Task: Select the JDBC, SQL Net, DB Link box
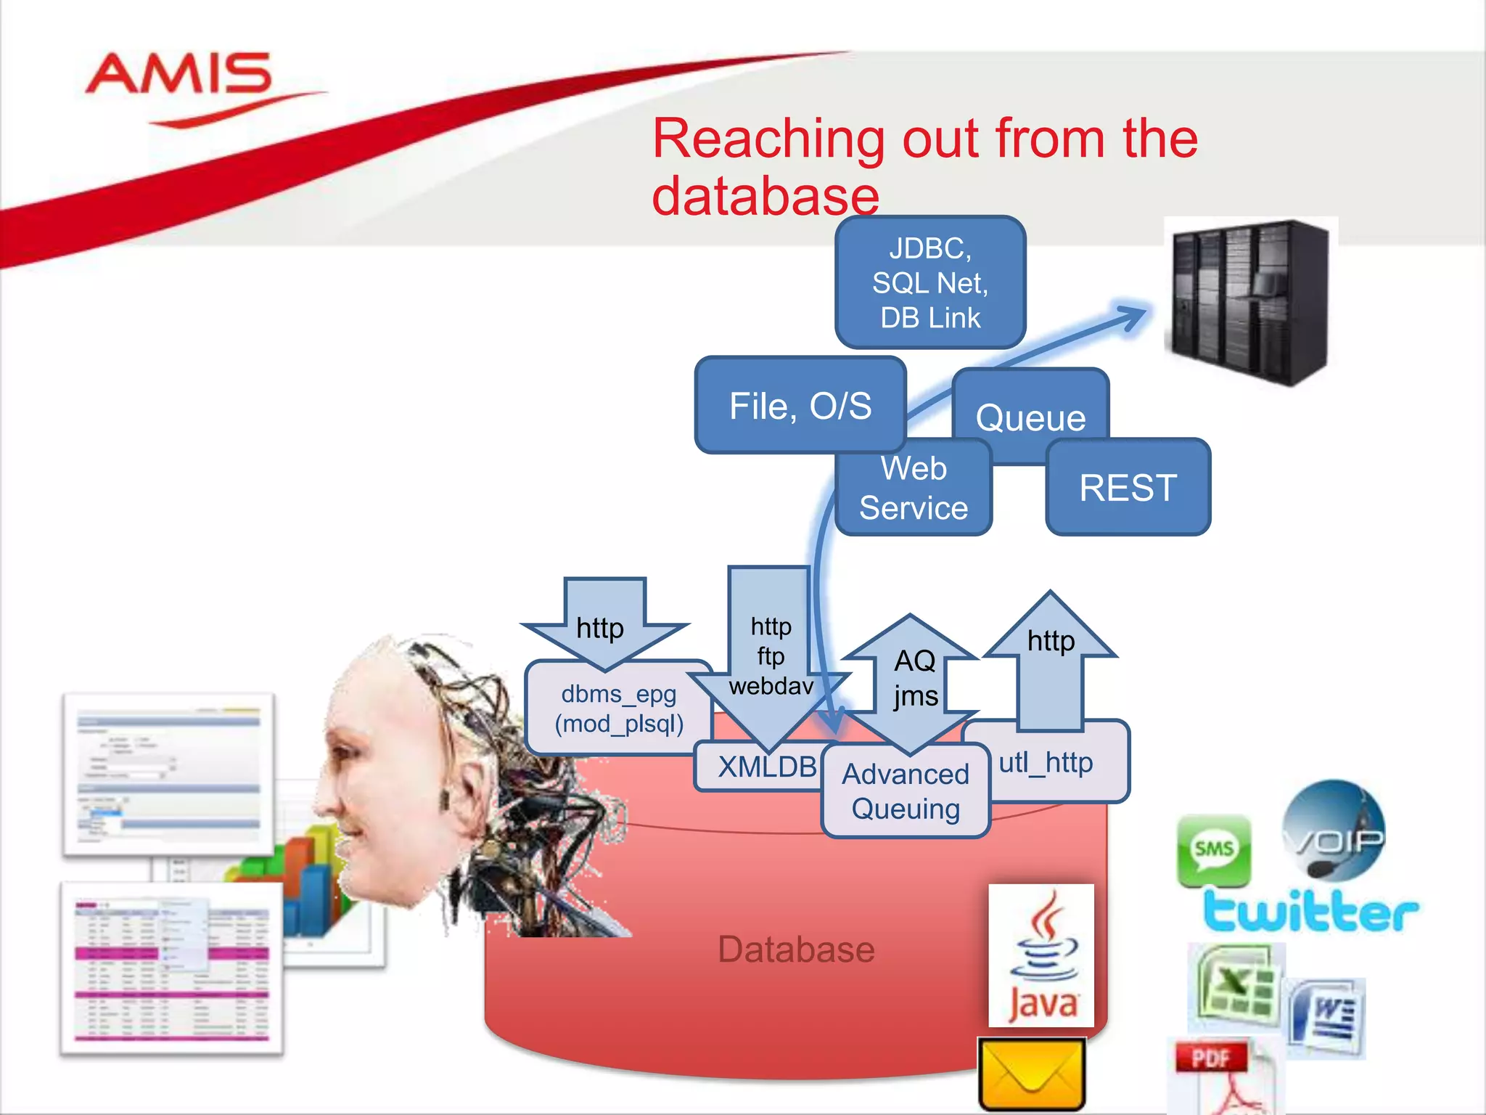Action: coord(929,282)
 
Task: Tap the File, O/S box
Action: coord(800,405)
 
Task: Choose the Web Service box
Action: coord(913,489)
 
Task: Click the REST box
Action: coord(1128,487)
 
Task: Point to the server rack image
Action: coord(1249,301)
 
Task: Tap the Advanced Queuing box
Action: coord(906,791)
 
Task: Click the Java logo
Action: coord(1042,955)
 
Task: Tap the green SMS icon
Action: coord(1214,849)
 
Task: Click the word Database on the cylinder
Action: coord(796,949)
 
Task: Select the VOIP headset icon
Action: coord(1334,831)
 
